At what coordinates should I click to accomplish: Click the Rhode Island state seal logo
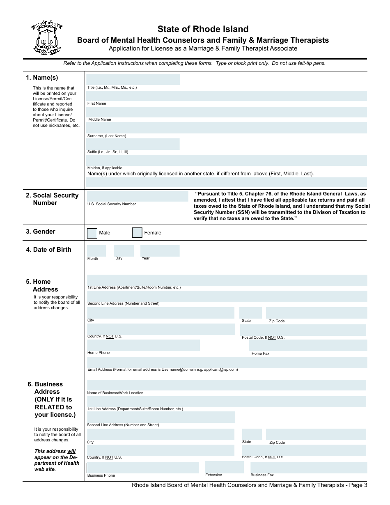coord(46,38)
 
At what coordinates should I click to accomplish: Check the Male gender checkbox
coord(92,233)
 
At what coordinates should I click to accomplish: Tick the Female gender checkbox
coord(137,233)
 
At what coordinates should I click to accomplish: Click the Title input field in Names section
coord(133,80)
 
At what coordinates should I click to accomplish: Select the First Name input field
coord(227,96)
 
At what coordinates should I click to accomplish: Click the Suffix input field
coord(133,144)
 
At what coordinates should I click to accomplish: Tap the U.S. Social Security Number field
coord(137,196)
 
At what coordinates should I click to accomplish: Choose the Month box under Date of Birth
coord(96,251)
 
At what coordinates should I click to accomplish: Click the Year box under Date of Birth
coord(160,251)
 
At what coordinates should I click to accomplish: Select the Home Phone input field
coord(143,345)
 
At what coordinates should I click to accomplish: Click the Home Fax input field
coord(307,345)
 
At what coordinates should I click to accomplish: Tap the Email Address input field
coord(227,362)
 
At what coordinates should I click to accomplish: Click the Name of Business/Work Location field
coord(227,385)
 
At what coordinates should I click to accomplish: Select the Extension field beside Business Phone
coord(224,467)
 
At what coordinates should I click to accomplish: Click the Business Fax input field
coord(309,467)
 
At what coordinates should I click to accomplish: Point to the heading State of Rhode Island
coord(203,29)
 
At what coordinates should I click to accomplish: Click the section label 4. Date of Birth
coord(48,250)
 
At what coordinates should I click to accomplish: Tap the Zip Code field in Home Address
coord(316,313)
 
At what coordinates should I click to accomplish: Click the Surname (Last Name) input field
coord(227,128)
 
